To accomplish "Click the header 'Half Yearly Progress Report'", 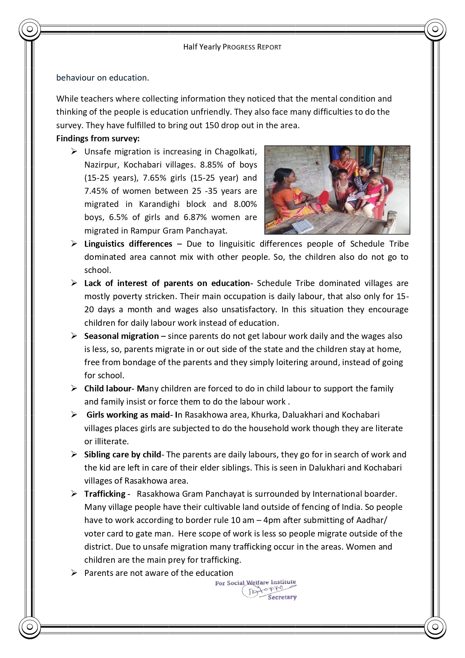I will tap(232, 47).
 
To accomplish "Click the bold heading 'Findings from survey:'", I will tap(98, 138).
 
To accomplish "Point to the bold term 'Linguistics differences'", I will tap(128, 244).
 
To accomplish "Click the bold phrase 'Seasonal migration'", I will tap(121, 336).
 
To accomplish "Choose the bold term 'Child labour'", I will tap(108, 388).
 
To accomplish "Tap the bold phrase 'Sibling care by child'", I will tap(123, 454).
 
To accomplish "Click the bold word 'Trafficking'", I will tap(105, 494).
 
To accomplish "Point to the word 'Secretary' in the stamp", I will tap(282, 597).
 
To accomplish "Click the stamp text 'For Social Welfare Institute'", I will tap(255, 583).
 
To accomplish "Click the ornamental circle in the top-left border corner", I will tap(30, 29).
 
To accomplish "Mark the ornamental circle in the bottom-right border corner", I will tap(435, 627).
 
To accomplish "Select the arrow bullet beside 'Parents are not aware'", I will tap(74, 573).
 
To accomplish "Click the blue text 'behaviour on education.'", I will tap(103, 78).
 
